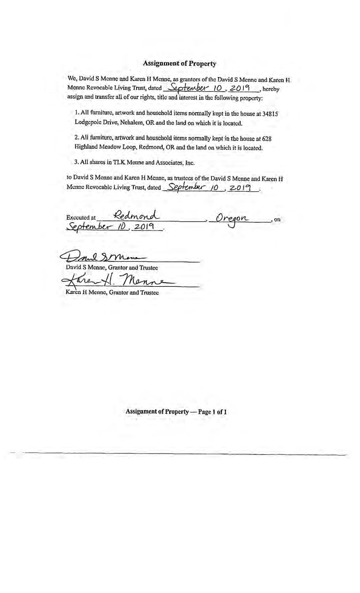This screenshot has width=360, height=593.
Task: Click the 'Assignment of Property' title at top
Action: coord(179,63)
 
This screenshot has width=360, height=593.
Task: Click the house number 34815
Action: coord(270,114)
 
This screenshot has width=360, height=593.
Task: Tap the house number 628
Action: coord(267,138)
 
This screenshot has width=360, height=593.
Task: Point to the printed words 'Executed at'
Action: coord(81,218)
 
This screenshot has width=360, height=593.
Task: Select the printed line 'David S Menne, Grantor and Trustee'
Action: coord(112,267)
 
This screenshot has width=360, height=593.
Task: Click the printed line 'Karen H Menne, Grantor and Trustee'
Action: coord(112,293)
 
